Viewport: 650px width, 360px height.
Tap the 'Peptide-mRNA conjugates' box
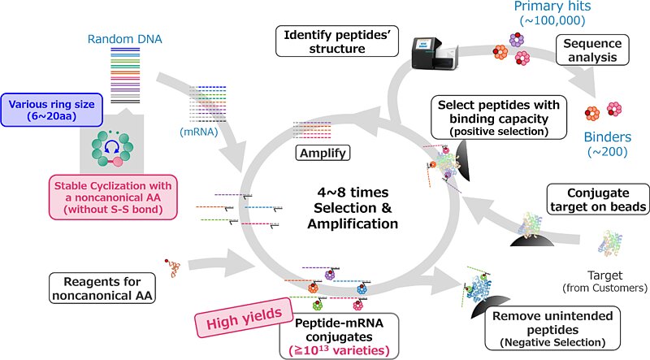338,334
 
